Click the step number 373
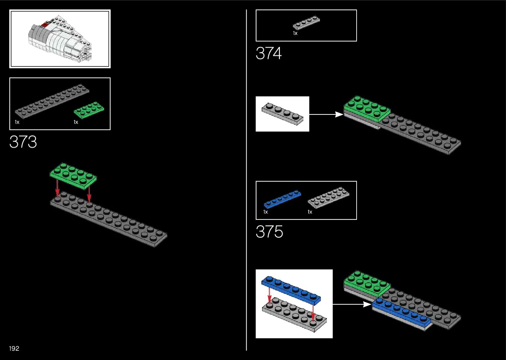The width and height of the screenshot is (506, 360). [x=23, y=142]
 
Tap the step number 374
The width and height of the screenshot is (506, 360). [x=269, y=53]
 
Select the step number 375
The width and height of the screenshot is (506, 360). [x=269, y=232]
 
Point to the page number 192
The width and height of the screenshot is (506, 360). [x=14, y=348]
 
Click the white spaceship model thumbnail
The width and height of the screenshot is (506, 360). [x=60, y=39]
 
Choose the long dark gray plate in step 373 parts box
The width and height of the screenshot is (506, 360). [x=52, y=101]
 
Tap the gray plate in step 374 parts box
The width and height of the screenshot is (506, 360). [x=306, y=23]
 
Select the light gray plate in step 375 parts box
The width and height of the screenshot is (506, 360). [x=328, y=198]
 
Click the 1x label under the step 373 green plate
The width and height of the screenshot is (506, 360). [x=76, y=122]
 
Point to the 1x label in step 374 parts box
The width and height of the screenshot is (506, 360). [x=295, y=33]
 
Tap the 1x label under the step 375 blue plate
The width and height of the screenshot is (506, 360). [x=266, y=212]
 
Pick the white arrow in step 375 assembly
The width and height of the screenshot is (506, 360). [x=352, y=304]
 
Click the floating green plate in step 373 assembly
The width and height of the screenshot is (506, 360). [x=73, y=175]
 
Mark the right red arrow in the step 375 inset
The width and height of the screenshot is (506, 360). [x=313, y=313]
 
